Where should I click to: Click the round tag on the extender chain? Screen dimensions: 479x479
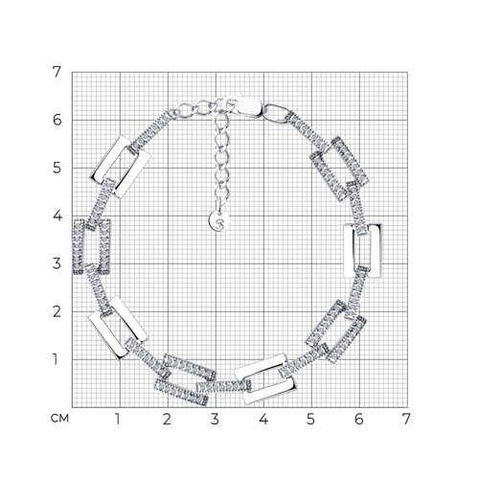click(219, 221)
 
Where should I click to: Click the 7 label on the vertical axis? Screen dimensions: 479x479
click(57, 72)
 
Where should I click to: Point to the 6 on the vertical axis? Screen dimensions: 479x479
click(57, 120)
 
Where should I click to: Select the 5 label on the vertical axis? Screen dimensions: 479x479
click(57, 168)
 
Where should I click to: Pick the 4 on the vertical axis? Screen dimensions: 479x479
click(57, 216)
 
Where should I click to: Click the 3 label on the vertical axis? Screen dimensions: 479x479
click(57, 263)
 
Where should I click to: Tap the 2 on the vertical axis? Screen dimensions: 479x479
click(57, 311)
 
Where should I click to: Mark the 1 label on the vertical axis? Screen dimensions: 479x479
click(56, 359)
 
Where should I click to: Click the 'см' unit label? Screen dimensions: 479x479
click(59, 418)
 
